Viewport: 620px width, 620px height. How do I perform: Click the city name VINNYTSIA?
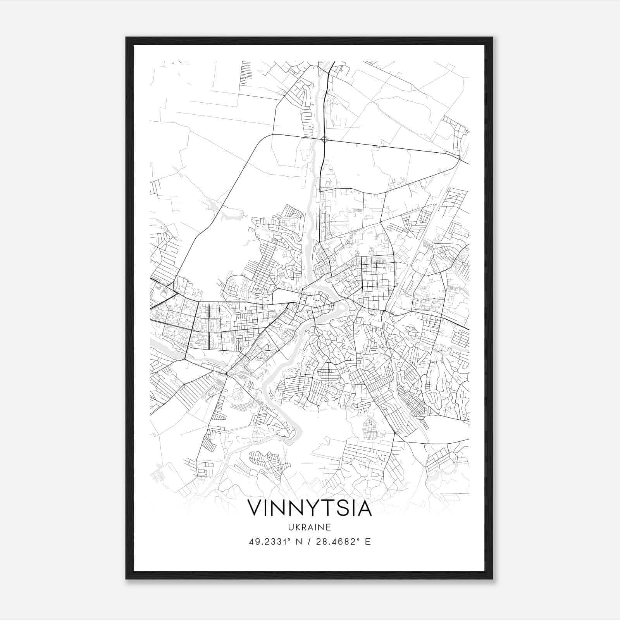pyautogui.click(x=310, y=508)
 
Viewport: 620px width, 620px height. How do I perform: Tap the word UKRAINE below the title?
pyautogui.click(x=310, y=527)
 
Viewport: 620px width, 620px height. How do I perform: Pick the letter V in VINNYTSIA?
pyautogui.click(x=255, y=508)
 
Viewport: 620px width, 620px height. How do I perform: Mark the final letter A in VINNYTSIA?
pyautogui.click(x=364, y=508)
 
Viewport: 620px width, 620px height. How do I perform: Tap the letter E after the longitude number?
pyautogui.click(x=368, y=541)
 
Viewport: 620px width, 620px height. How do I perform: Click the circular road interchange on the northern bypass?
pyautogui.click(x=325, y=139)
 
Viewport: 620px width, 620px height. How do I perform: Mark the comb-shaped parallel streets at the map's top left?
pyautogui.click(x=245, y=74)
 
